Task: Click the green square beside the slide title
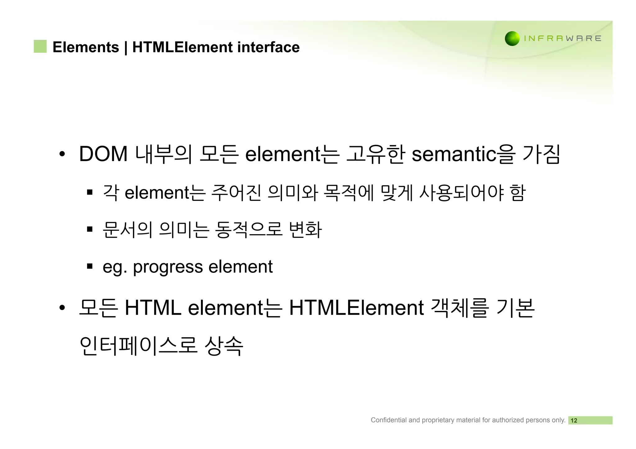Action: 40,47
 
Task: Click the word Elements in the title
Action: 86,47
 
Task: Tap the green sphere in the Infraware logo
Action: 512,38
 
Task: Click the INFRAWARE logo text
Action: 562,38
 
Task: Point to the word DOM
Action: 103,154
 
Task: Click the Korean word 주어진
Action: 236,193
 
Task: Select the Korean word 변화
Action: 306,230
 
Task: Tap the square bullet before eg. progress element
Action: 90,266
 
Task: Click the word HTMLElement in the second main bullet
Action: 356,308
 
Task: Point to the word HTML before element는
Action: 153,308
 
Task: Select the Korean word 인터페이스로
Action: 139,346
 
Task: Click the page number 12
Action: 574,420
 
